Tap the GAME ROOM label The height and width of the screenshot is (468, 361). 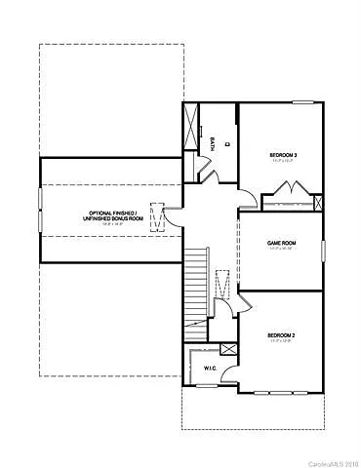click(282, 244)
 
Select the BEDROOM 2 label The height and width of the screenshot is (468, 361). click(282, 337)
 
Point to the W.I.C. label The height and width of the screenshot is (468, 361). click(210, 369)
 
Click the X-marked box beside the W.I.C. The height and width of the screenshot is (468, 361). click(228, 349)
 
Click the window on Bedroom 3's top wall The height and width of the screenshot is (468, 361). click(303, 101)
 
